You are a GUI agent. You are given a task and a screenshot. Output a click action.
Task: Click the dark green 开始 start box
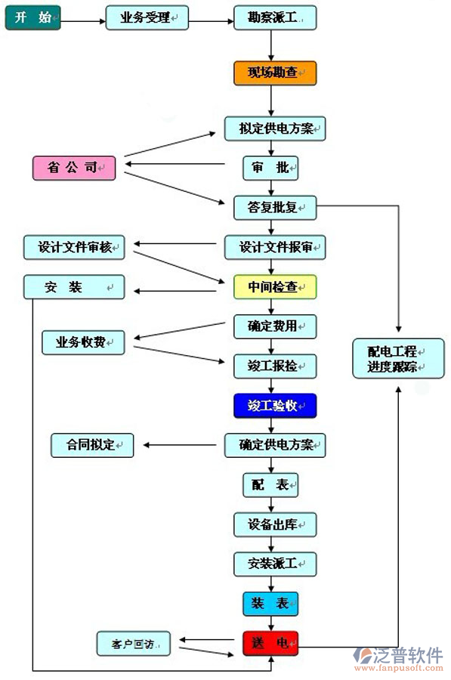[x=32, y=17]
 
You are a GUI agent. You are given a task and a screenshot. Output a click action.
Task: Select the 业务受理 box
[x=147, y=17]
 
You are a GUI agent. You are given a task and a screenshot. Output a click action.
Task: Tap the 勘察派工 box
[x=275, y=17]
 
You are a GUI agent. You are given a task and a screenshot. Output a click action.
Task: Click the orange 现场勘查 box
[x=275, y=73]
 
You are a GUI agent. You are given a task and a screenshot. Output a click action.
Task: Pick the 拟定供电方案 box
[x=275, y=128]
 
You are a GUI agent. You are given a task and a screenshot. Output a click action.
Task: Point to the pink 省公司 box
[x=74, y=168]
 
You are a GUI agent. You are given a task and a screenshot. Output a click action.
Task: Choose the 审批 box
[x=270, y=168]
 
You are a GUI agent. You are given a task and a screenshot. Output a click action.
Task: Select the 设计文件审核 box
[x=74, y=247]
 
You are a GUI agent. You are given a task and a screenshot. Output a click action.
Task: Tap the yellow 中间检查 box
[x=275, y=287]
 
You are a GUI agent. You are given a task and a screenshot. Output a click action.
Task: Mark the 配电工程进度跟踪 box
[x=388, y=358]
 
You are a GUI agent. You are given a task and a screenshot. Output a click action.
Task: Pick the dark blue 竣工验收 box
[x=275, y=406]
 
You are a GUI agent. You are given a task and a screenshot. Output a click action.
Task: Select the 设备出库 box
[x=275, y=524]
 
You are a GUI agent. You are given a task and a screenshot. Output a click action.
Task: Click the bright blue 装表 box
[x=270, y=604]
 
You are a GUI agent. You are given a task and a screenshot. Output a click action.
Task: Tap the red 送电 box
[x=270, y=644]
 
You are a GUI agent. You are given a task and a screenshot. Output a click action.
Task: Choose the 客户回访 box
[x=133, y=644]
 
